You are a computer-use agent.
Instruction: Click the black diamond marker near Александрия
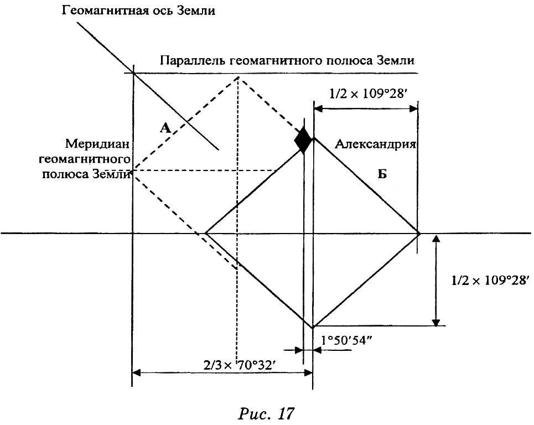(x=303, y=139)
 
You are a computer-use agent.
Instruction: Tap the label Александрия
(x=375, y=144)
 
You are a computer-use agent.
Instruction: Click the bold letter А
(x=165, y=128)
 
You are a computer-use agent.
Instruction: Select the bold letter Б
(x=382, y=174)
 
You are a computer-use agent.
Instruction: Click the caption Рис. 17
(x=265, y=414)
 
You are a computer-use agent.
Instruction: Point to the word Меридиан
(x=97, y=144)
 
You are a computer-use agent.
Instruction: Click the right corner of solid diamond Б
(x=419, y=234)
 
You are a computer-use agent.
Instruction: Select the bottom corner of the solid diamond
(x=313, y=328)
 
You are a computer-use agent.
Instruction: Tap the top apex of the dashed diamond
(x=238, y=77)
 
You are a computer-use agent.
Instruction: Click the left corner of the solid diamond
(x=205, y=234)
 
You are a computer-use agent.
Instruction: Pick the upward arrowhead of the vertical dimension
(x=436, y=238)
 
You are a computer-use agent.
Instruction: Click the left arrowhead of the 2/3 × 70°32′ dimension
(x=136, y=373)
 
